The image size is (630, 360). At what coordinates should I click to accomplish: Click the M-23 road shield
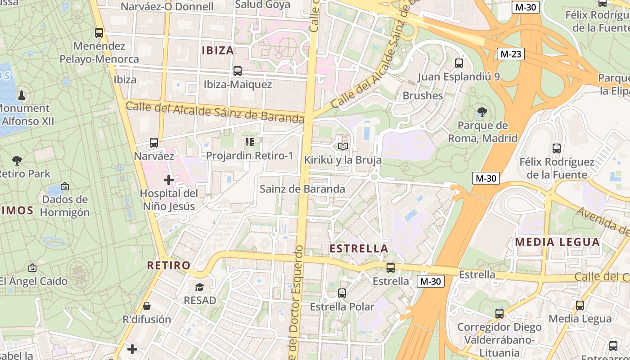[511, 54]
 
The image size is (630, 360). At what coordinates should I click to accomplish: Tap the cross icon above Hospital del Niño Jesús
[169, 180]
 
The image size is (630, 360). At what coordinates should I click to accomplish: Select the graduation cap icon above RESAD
[199, 287]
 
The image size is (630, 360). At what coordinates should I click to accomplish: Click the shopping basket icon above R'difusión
[147, 306]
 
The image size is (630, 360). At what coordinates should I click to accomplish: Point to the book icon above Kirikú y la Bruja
[343, 147]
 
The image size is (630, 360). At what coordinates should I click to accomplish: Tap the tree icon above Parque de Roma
[482, 112]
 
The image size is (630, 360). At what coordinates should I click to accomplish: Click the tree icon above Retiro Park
[17, 160]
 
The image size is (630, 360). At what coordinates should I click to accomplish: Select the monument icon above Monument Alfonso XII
[21, 95]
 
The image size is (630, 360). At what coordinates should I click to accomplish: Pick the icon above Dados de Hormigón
[65, 186]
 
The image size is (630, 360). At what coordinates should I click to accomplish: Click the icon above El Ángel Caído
[32, 268]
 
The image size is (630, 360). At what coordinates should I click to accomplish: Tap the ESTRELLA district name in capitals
[359, 248]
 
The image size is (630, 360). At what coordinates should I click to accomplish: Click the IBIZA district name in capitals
[218, 50]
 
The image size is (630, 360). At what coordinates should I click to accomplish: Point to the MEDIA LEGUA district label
[558, 242]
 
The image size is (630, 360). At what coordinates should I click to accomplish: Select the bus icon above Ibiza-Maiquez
[237, 71]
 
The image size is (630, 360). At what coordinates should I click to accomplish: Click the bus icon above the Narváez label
[154, 143]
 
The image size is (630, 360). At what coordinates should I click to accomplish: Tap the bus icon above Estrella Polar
[342, 293]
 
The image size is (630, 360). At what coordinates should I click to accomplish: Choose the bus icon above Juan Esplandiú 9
[459, 63]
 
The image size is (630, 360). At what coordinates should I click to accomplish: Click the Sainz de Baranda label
[302, 189]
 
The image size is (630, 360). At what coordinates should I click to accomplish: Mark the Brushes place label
[423, 96]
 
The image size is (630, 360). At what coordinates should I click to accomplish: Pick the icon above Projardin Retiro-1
[250, 143]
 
